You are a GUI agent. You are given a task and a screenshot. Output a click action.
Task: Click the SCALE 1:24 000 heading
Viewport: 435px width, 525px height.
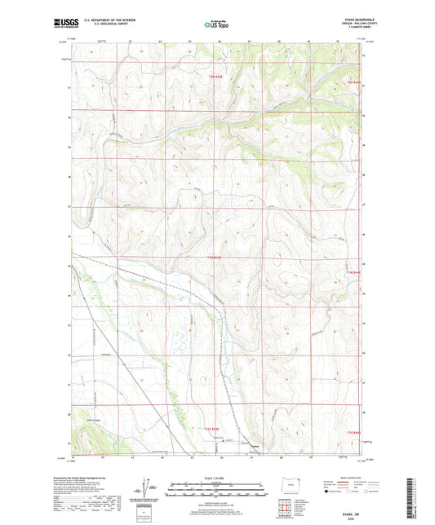[216, 477]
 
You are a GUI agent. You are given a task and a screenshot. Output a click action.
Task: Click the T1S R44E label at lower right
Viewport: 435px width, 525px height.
[353, 432]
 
